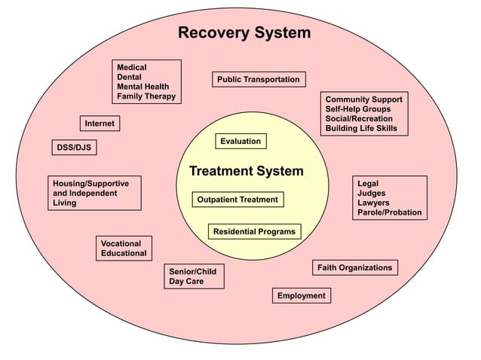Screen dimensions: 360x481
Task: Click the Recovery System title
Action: (244, 33)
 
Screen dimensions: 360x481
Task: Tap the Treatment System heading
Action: (246, 171)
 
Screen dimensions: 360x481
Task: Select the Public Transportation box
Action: (258, 80)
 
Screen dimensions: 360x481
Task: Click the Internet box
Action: (100, 124)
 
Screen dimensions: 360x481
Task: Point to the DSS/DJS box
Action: (74, 148)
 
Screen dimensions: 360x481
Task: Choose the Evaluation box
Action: (240, 141)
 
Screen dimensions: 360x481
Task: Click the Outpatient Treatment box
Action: (237, 200)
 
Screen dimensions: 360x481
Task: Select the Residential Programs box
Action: (254, 231)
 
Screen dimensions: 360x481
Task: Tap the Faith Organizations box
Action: (354, 267)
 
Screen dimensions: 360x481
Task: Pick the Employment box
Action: (301, 296)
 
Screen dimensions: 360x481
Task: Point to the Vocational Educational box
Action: (124, 248)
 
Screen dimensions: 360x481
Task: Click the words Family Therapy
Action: (146, 96)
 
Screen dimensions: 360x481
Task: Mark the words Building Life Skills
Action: (361, 129)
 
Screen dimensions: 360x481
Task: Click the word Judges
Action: (371, 194)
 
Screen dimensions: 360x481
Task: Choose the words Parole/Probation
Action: (389, 213)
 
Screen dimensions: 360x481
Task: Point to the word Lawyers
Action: (373, 203)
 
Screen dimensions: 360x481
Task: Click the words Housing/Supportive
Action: (90, 183)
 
